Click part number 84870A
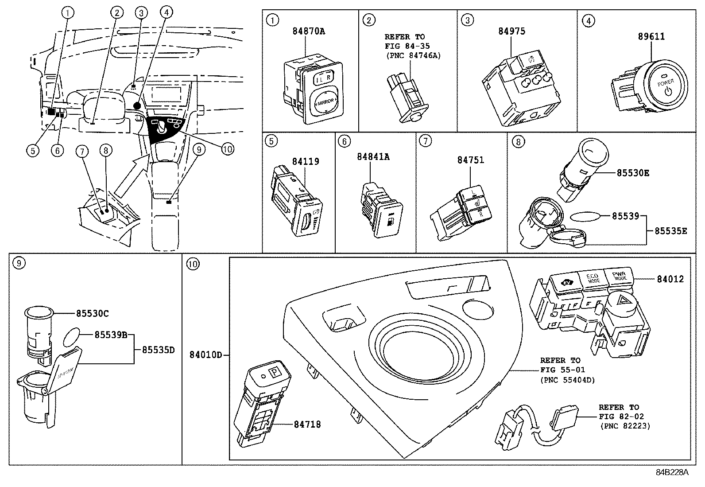(x=309, y=31)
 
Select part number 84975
(x=511, y=31)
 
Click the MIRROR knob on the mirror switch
(x=325, y=101)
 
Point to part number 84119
(x=305, y=161)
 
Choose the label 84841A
(x=373, y=156)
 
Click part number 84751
(x=471, y=160)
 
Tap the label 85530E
(x=633, y=173)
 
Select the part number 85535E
(x=671, y=231)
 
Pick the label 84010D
(x=205, y=355)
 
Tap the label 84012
(x=670, y=279)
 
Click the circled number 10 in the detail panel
(x=193, y=265)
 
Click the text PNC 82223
(x=625, y=426)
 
